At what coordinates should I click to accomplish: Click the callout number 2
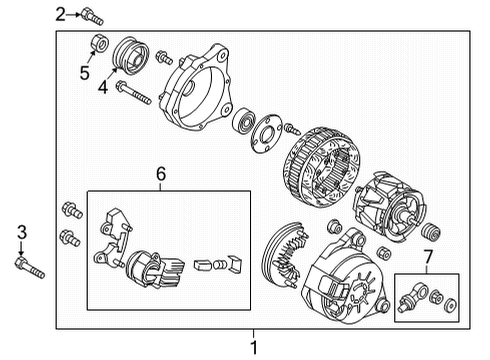(x=60, y=14)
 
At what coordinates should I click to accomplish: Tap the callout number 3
(x=22, y=232)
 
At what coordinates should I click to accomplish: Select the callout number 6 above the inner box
(x=161, y=174)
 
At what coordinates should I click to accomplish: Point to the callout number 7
(x=428, y=257)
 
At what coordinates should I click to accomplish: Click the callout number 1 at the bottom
(x=254, y=348)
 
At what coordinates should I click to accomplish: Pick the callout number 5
(x=85, y=73)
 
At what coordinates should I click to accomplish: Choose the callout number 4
(x=103, y=87)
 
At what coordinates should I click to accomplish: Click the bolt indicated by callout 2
(x=92, y=16)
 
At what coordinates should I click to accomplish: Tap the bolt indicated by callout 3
(x=29, y=268)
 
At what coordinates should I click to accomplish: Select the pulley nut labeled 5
(x=99, y=43)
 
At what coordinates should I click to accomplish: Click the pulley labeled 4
(x=131, y=55)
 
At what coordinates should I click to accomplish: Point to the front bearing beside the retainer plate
(x=244, y=121)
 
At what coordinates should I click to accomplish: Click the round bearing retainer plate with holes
(x=266, y=133)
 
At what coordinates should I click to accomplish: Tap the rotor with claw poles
(x=389, y=206)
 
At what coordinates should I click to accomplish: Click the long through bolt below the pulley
(x=134, y=92)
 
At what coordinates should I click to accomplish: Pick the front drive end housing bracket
(x=195, y=87)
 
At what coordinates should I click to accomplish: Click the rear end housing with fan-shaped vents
(x=346, y=276)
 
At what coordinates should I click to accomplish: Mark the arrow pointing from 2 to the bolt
(x=73, y=14)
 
